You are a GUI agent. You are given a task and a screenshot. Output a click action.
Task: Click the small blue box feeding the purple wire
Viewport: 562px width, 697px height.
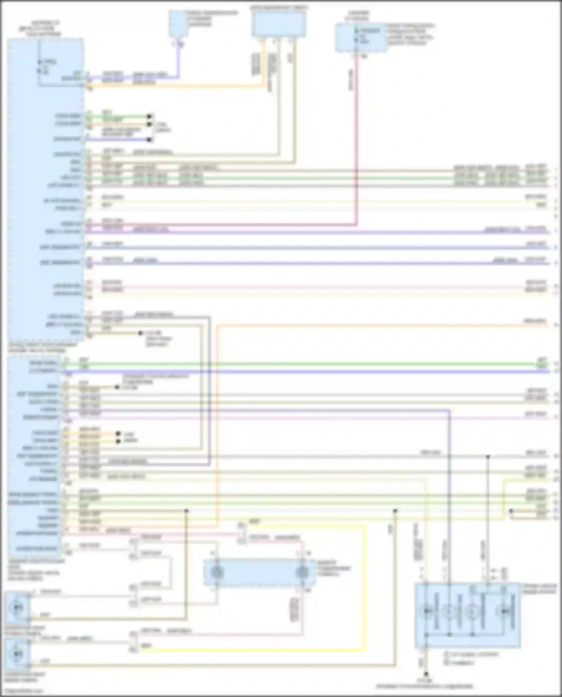point(178,23)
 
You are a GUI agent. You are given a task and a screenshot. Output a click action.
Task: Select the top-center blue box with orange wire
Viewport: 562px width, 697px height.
point(278,24)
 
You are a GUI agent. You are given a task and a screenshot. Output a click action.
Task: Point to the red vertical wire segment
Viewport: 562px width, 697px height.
point(356,142)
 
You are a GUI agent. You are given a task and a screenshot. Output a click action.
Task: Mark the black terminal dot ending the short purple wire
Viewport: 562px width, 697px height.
point(150,140)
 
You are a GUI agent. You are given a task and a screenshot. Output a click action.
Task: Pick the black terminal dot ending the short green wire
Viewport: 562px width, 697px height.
point(150,116)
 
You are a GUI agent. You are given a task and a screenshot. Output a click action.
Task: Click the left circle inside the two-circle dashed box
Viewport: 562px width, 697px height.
point(217,572)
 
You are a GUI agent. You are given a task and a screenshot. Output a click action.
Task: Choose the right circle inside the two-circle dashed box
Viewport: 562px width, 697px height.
point(302,572)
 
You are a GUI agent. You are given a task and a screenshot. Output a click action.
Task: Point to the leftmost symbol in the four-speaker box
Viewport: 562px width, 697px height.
point(427,611)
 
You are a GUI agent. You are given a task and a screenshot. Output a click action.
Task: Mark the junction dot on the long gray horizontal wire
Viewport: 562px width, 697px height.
point(488,457)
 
